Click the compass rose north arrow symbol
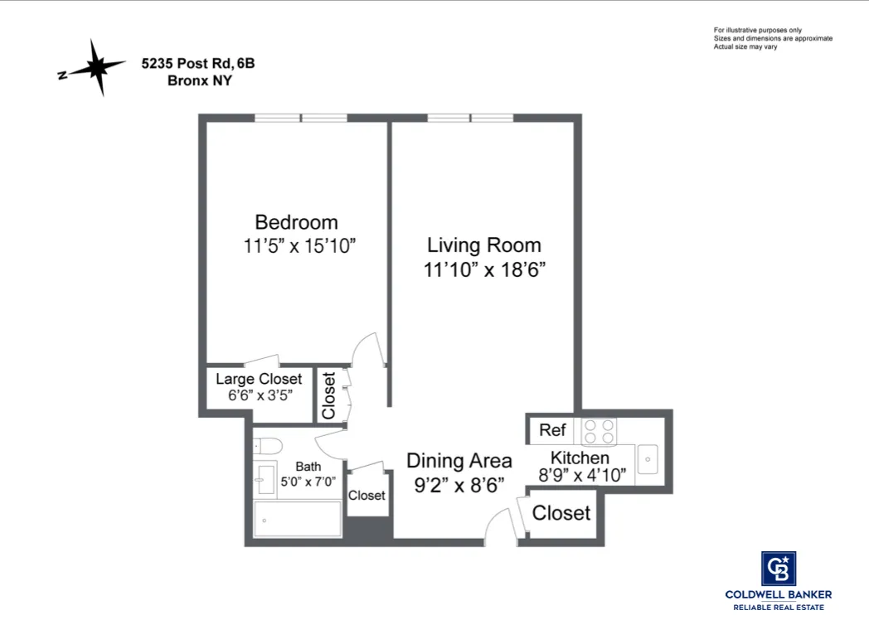98,67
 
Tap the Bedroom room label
296,222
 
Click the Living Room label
483,245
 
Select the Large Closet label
259,379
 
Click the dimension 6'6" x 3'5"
260,395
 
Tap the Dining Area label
459,461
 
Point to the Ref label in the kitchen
552,430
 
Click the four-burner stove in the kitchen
600,431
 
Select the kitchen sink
647,459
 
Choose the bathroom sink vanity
266,479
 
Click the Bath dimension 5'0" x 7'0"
307,482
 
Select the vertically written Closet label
328,395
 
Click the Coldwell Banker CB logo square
778,569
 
